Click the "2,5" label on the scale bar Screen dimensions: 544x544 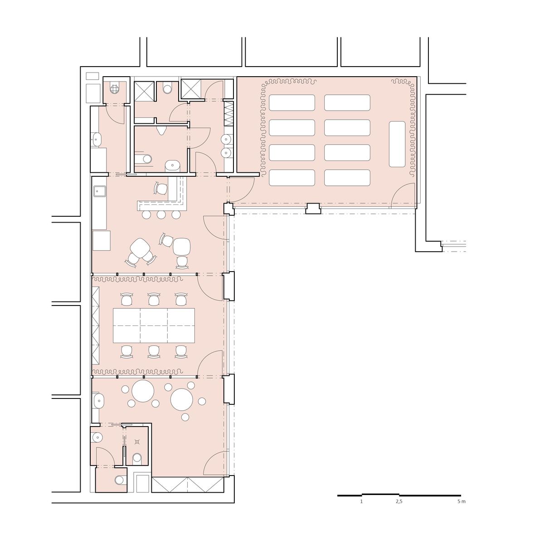[x=399, y=501]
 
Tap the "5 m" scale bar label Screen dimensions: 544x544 [x=461, y=501]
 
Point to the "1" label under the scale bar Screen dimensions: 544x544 [x=361, y=501]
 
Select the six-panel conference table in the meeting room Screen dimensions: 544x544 [x=154, y=325]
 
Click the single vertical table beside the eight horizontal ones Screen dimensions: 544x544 [x=397, y=144]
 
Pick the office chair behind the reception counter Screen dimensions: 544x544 [x=161, y=188]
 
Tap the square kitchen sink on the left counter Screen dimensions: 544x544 [x=100, y=191]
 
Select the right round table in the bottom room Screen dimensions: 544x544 [x=181, y=399]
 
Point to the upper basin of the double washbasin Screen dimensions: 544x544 [x=226, y=139]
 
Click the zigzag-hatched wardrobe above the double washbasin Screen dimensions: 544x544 [x=228, y=113]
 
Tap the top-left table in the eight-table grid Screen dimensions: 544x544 [x=291, y=102]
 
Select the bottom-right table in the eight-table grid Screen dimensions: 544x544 [x=347, y=178]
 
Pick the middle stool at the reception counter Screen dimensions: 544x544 [x=161, y=215]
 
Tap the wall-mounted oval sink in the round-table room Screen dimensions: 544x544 [x=98, y=400]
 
